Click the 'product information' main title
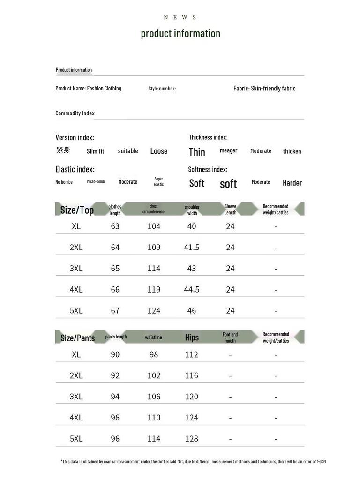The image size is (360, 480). pos(180,34)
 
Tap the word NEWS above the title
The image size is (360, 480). pos(180,17)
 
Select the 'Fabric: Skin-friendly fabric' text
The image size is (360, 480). pos(264,88)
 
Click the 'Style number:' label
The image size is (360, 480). pos(162,89)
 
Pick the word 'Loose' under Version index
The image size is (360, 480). pos(159,151)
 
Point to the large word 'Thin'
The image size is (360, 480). pos(197,152)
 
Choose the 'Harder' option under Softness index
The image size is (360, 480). pos(292,183)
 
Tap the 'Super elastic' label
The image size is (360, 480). pos(159,181)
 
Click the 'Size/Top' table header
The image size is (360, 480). pos(77,210)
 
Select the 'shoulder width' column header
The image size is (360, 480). pos(192,210)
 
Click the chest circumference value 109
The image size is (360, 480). pos(154,247)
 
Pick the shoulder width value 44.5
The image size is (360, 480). pos(192,289)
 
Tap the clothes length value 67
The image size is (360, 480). pos(115,310)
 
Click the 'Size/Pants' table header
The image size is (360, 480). pos(77,337)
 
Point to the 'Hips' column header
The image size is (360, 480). pos(192,337)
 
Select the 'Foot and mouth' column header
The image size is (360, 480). pos(230,337)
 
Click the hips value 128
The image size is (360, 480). pos(192,438)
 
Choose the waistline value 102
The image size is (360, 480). pos(154,375)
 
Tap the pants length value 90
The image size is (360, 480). pos(115,354)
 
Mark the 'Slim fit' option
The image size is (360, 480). pos(96,151)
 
